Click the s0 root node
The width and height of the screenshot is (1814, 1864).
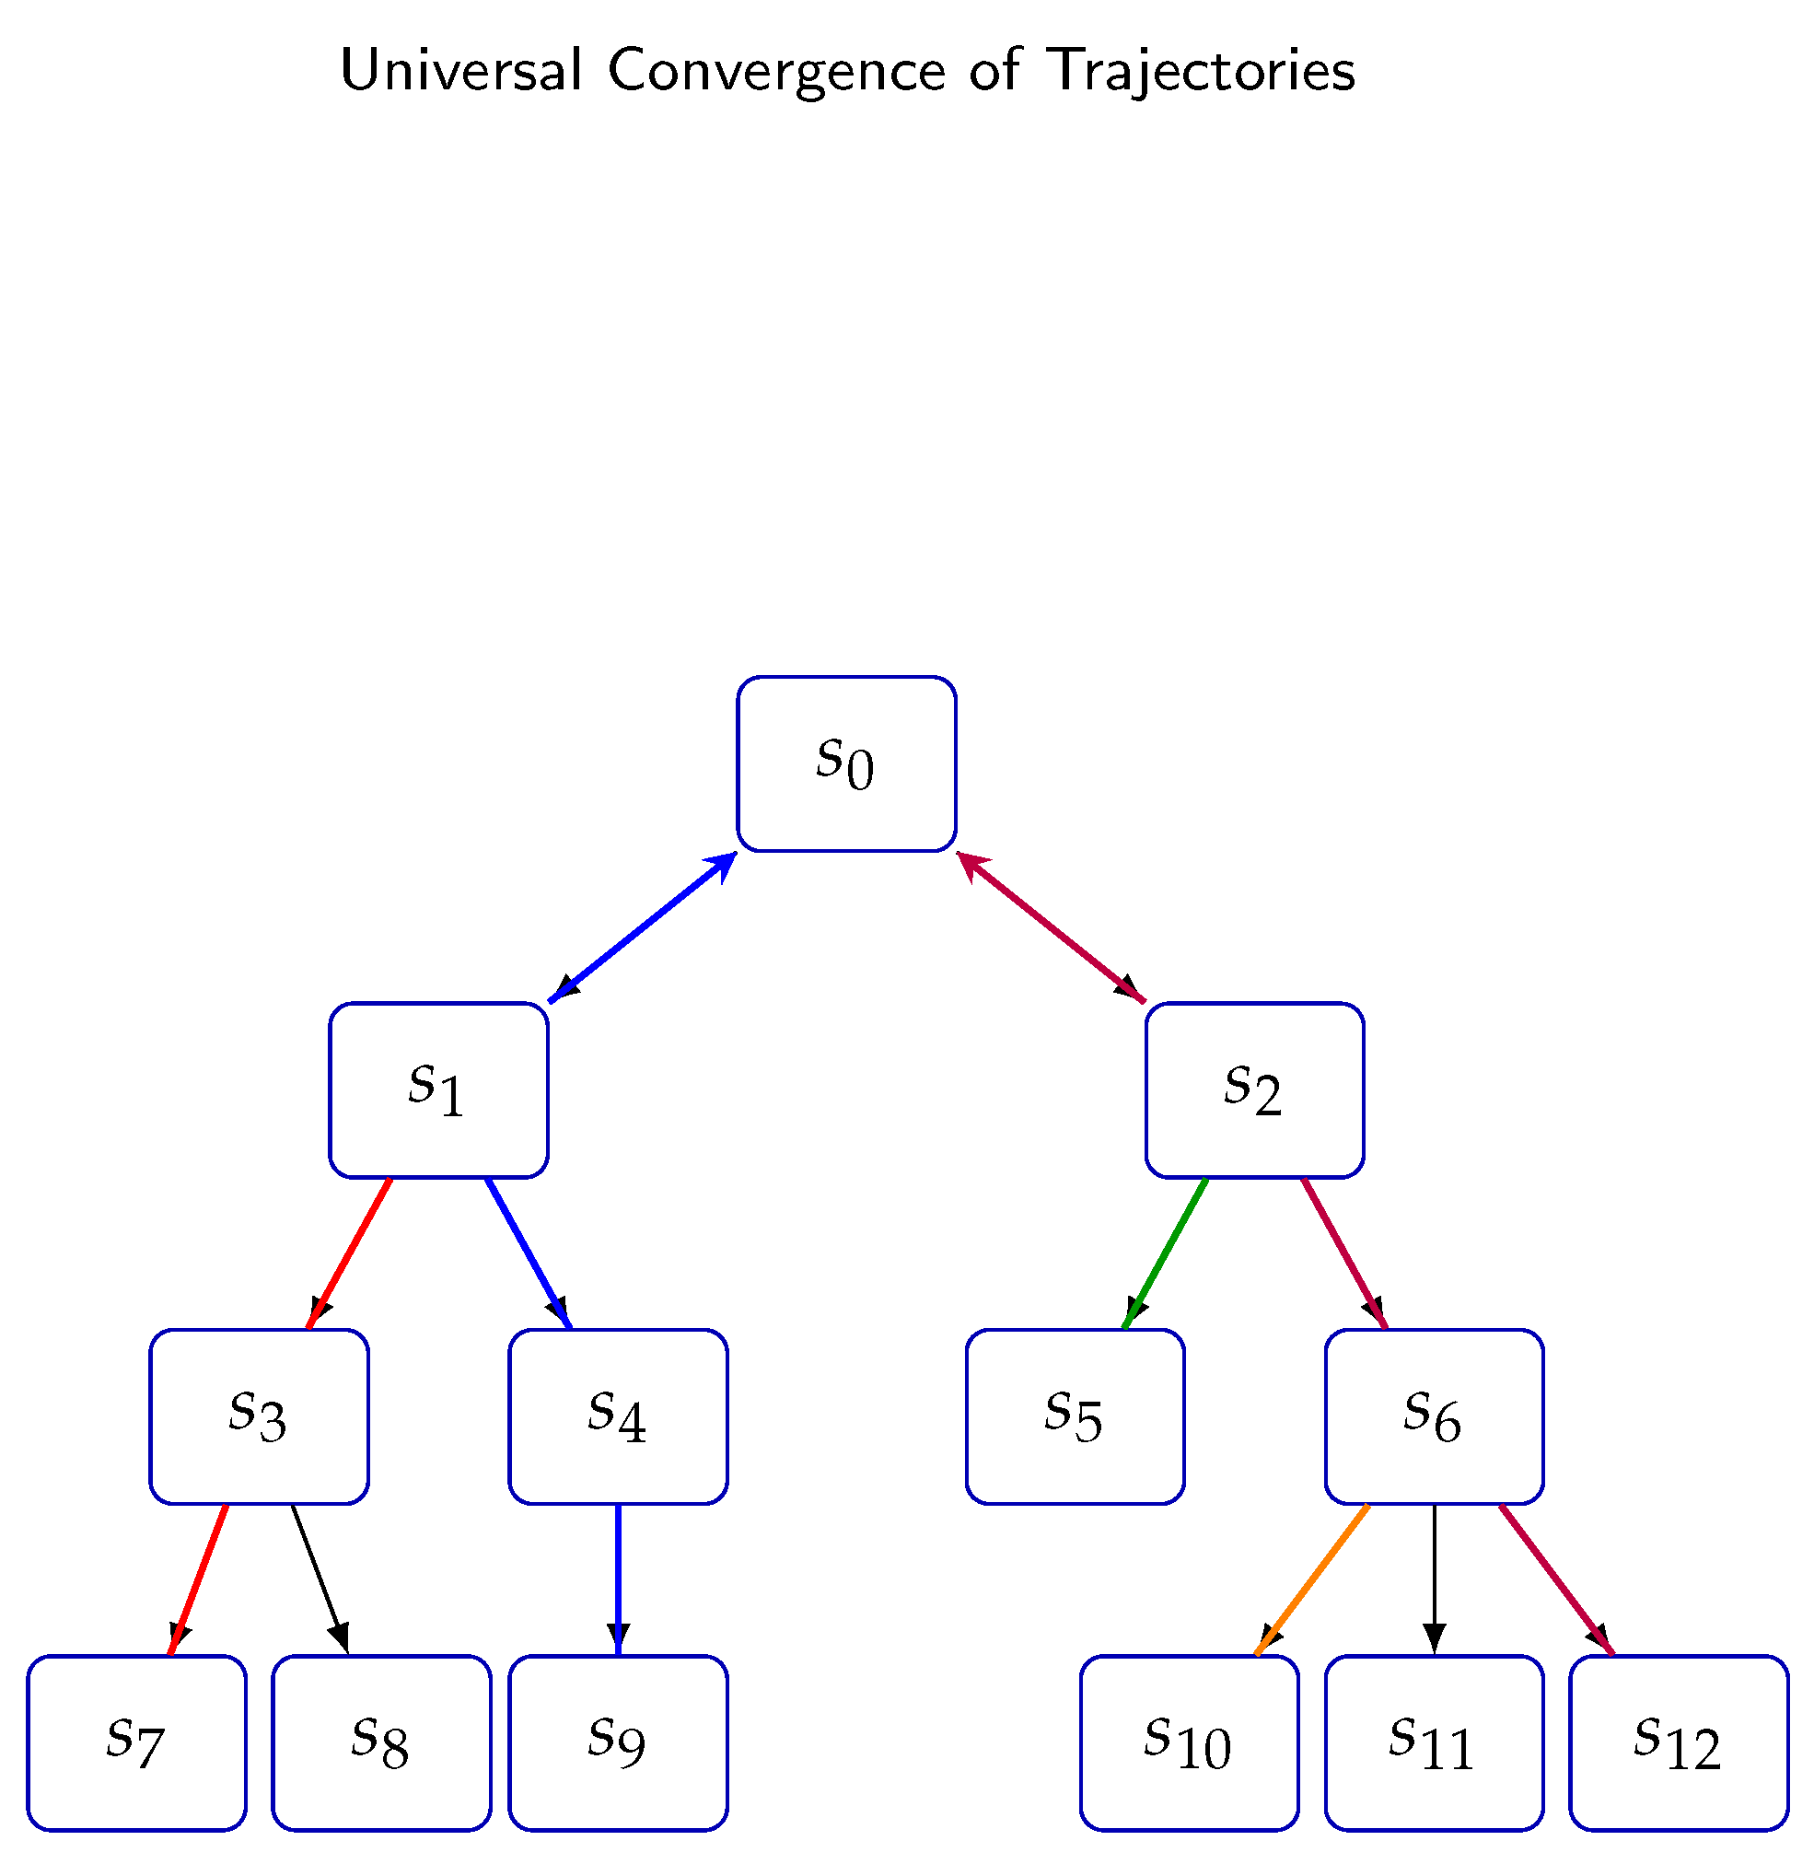846,763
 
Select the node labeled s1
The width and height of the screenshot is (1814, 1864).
438,1090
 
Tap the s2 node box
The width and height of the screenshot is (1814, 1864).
1254,1090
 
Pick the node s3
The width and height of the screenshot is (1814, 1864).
258,1416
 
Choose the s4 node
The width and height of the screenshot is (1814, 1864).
617,1416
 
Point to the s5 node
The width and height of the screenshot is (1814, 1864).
1075,1416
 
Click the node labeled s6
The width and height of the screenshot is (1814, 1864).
1434,1416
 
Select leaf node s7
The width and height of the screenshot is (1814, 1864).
136,1743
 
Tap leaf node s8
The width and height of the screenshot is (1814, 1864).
381,1743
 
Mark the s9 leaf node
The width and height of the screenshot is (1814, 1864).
617,1743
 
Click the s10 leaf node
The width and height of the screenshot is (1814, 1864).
1189,1743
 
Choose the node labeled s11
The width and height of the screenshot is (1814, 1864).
1434,1743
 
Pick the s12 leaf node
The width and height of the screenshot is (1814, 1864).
1679,1743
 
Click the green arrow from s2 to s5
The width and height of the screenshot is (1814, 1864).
1166,1252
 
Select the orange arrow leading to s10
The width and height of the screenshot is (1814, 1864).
1313,1579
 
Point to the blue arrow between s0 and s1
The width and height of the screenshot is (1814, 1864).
643,927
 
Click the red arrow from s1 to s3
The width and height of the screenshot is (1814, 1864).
350,1252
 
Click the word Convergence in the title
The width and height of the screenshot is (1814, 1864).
776,72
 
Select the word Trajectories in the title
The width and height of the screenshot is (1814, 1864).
1200,72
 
